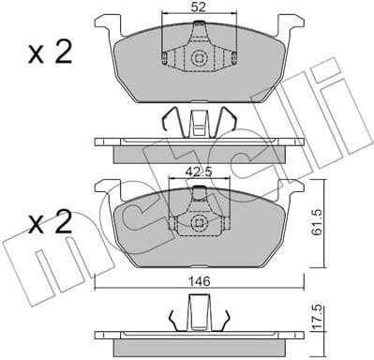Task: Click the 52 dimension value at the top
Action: [198, 7]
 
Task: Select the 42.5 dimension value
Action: [196, 171]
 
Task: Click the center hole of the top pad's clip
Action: [198, 60]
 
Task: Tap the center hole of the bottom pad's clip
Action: [198, 223]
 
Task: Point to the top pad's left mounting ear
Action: [105, 23]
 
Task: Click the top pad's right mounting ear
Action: [292, 23]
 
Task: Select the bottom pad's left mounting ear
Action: [105, 187]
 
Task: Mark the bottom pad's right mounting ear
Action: [292, 187]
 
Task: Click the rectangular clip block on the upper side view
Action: [198, 125]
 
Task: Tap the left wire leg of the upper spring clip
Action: [168, 122]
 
